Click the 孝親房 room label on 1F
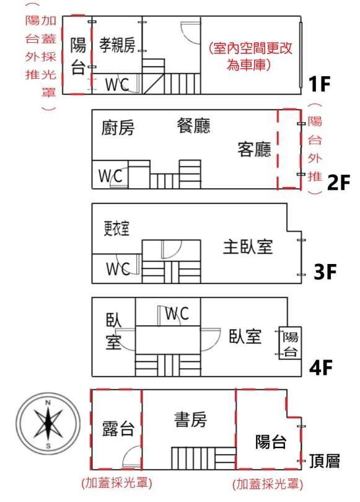click(x=117, y=44)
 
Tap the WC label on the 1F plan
click(x=117, y=84)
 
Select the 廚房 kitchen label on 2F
click(x=118, y=128)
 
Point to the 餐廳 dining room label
click(x=193, y=125)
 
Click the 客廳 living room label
click(x=255, y=149)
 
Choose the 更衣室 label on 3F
click(x=117, y=228)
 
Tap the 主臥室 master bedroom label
click(x=248, y=247)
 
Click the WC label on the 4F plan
click(x=177, y=313)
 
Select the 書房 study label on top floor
click(x=190, y=419)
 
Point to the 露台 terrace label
click(x=118, y=429)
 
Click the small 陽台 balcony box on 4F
click(x=290, y=343)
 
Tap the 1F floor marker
click(x=319, y=84)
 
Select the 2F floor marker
click(x=338, y=182)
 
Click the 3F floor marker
click(x=325, y=271)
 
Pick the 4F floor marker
click(x=321, y=367)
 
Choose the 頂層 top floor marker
click(x=325, y=460)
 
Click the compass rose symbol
click(x=48, y=424)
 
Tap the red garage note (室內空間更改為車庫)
click(x=250, y=56)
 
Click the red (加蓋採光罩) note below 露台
click(x=117, y=482)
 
